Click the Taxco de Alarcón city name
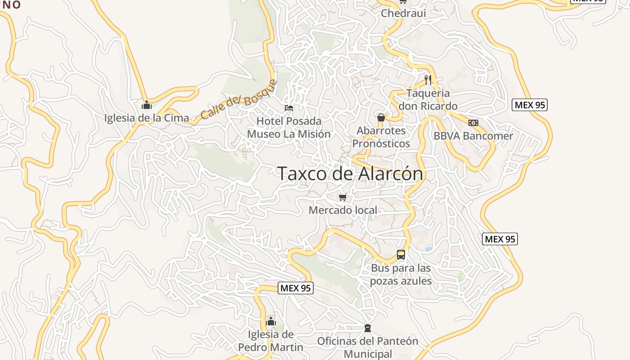[350, 174]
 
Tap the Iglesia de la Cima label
[147, 118]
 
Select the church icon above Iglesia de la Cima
[147, 105]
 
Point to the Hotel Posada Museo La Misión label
[289, 127]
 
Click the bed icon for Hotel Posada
[289, 108]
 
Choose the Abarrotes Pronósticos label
[381, 137]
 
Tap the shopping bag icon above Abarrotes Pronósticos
[381, 118]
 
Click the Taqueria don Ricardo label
[428, 99]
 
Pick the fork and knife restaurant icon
[428, 80]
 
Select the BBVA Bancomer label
[473, 136]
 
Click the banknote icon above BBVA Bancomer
[473, 123]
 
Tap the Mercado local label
[343, 210]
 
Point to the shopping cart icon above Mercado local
[343, 197]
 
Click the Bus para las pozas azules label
[400, 274]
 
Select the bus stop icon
[401, 255]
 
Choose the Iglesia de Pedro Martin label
[271, 341]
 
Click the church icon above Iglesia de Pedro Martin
[271, 321]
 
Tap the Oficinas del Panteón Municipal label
[368, 347]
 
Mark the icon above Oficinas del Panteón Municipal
[368, 328]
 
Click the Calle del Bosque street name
[238, 99]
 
